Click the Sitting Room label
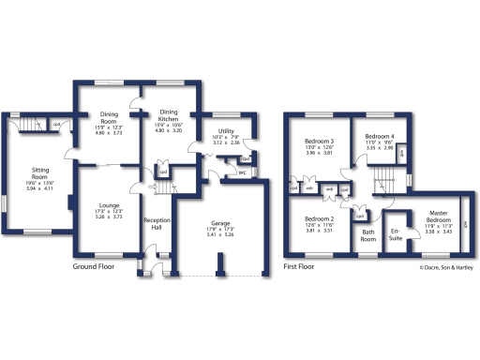39,172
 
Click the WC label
242,172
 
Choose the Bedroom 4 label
380,137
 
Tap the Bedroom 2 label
319,217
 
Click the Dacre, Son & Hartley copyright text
445,267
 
